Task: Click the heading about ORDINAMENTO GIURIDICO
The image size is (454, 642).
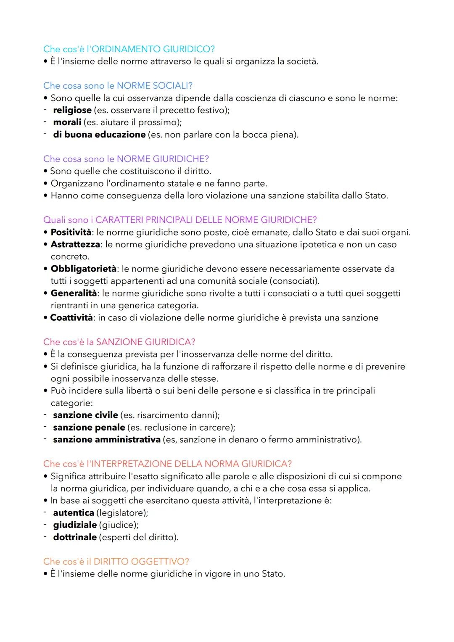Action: (x=129, y=49)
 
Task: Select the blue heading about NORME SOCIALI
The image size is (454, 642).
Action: (x=118, y=86)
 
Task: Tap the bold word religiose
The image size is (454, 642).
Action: (x=72, y=110)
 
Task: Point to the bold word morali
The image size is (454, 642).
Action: (x=67, y=122)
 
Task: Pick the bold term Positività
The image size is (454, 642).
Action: (x=71, y=232)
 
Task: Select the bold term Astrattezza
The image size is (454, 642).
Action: (x=75, y=245)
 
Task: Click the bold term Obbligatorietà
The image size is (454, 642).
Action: (x=83, y=269)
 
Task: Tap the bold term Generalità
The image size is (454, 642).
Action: (x=74, y=293)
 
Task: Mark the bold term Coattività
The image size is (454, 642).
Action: (x=71, y=318)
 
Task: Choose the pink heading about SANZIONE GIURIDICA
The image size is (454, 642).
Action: (x=119, y=342)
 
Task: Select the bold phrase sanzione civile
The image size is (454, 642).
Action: (x=85, y=415)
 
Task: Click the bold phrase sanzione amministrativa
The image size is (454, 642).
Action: (x=107, y=440)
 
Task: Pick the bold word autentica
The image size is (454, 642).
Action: (x=74, y=513)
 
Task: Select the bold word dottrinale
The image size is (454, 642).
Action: (x=75, y=537)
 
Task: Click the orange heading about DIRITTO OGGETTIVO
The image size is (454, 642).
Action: (x=116, y=562)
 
